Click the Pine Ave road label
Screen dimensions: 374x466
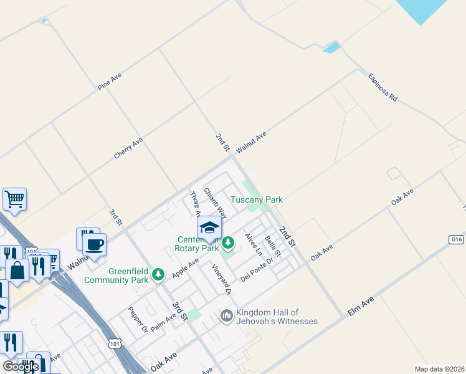click(x=109, y=82)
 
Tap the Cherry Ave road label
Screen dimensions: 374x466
click(x=128, y=148)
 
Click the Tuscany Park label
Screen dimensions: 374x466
click(x=257, y=200)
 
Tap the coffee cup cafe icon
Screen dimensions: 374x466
click(x=94, y=244)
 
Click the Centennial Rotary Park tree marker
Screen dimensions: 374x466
click(x=228, y=242)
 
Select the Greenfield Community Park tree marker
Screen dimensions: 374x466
click(x=158, y=274)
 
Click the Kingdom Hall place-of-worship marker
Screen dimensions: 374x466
click(x=226, y=317)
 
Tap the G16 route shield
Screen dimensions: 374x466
click(x=457, y=239)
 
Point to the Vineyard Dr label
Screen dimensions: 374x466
click(x=221, y=280)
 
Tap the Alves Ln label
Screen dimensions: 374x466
click(x=254, y=244)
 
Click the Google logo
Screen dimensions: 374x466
click(x=21, y=367)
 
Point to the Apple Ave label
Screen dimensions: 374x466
click(x=186, y=268)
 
